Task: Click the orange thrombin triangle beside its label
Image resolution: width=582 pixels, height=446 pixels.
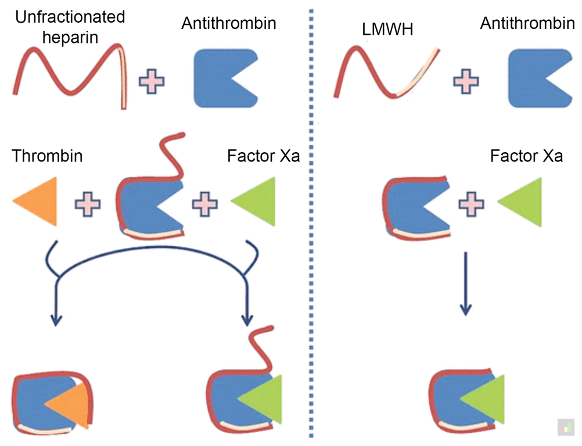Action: click(x=38, y=201)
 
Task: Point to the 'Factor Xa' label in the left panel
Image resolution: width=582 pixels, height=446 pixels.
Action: click(x=264, y=156)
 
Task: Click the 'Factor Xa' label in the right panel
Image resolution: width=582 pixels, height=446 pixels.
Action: click(x=526, y=156)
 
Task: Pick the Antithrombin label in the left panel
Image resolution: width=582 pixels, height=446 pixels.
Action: click(x=228, y=24)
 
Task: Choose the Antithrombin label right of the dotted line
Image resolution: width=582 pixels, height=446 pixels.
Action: click(x=528, y=24)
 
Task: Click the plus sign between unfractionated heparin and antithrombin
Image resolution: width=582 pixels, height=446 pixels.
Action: click(x=152, y=81)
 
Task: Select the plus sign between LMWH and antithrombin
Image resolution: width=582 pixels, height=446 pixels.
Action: click(x=466, y=81)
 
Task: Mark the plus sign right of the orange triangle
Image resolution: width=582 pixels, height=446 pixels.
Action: click(x=88, y=204)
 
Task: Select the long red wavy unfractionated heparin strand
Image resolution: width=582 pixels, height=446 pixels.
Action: click(x=70, y=73)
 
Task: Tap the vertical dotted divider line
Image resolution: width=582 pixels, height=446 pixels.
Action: click(x=311, y=232)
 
